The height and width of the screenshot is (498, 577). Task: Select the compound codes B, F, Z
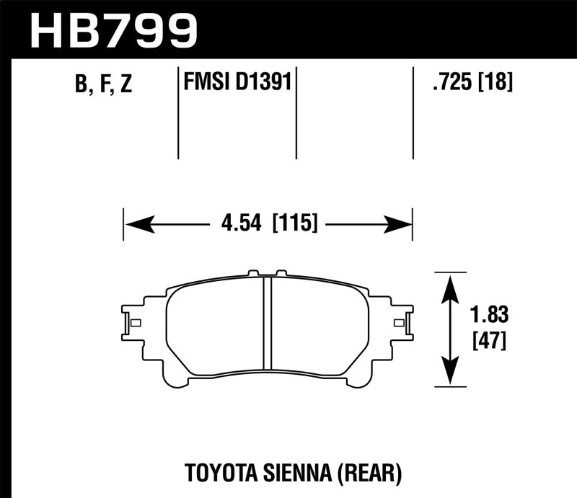103,85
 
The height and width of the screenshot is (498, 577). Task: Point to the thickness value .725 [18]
472,83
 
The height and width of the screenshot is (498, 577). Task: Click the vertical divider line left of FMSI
178,113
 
